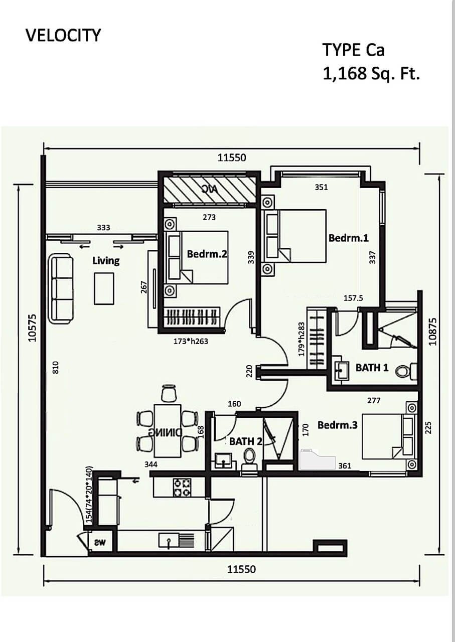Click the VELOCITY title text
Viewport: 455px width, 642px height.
click(63, 36)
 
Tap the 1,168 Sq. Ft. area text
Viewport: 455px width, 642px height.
click(371, 74)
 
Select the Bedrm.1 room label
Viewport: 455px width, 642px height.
click(348, 238)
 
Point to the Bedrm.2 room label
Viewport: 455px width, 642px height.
click(207, 254)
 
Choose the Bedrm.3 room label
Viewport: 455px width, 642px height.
click(338, 425)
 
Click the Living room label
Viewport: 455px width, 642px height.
click(106, 261)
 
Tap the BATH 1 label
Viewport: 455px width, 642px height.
click(372, 368)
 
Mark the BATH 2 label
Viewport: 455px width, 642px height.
click(246, 442)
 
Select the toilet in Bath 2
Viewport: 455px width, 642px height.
click(249, 458)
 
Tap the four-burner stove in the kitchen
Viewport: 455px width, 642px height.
click(182, 488)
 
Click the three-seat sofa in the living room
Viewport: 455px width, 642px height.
click(61, 289)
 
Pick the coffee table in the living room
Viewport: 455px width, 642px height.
click(104, 288)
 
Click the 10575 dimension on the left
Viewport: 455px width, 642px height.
click(33, 328)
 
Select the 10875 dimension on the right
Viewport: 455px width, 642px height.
click(433, 332)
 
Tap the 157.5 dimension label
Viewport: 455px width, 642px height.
click(353, 298)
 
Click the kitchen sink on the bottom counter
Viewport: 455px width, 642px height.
click(169, 540)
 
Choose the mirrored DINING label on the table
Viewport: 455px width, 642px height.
click(165, 432)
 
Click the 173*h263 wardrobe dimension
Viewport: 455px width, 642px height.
click(191, 342)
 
